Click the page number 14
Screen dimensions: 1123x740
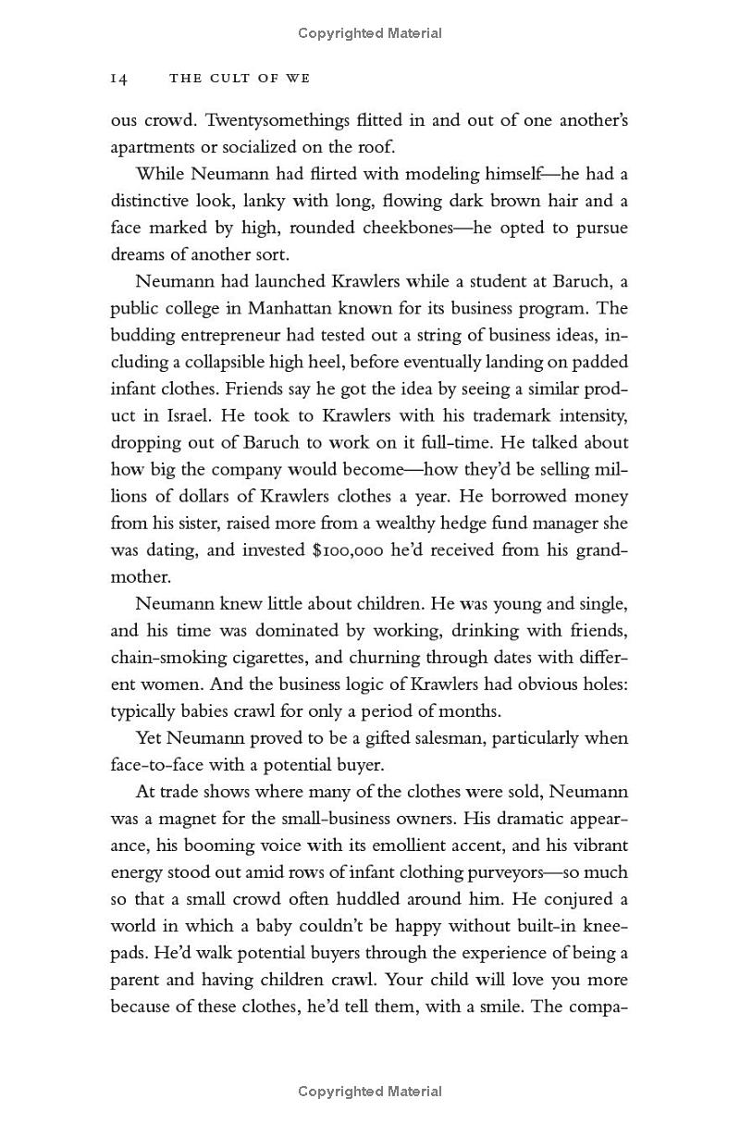pos(118,80)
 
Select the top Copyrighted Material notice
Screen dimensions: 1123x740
pos(370,33)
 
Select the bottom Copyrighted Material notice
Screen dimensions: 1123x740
pos(370,1092)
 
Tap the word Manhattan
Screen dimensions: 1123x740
pos(321,308)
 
